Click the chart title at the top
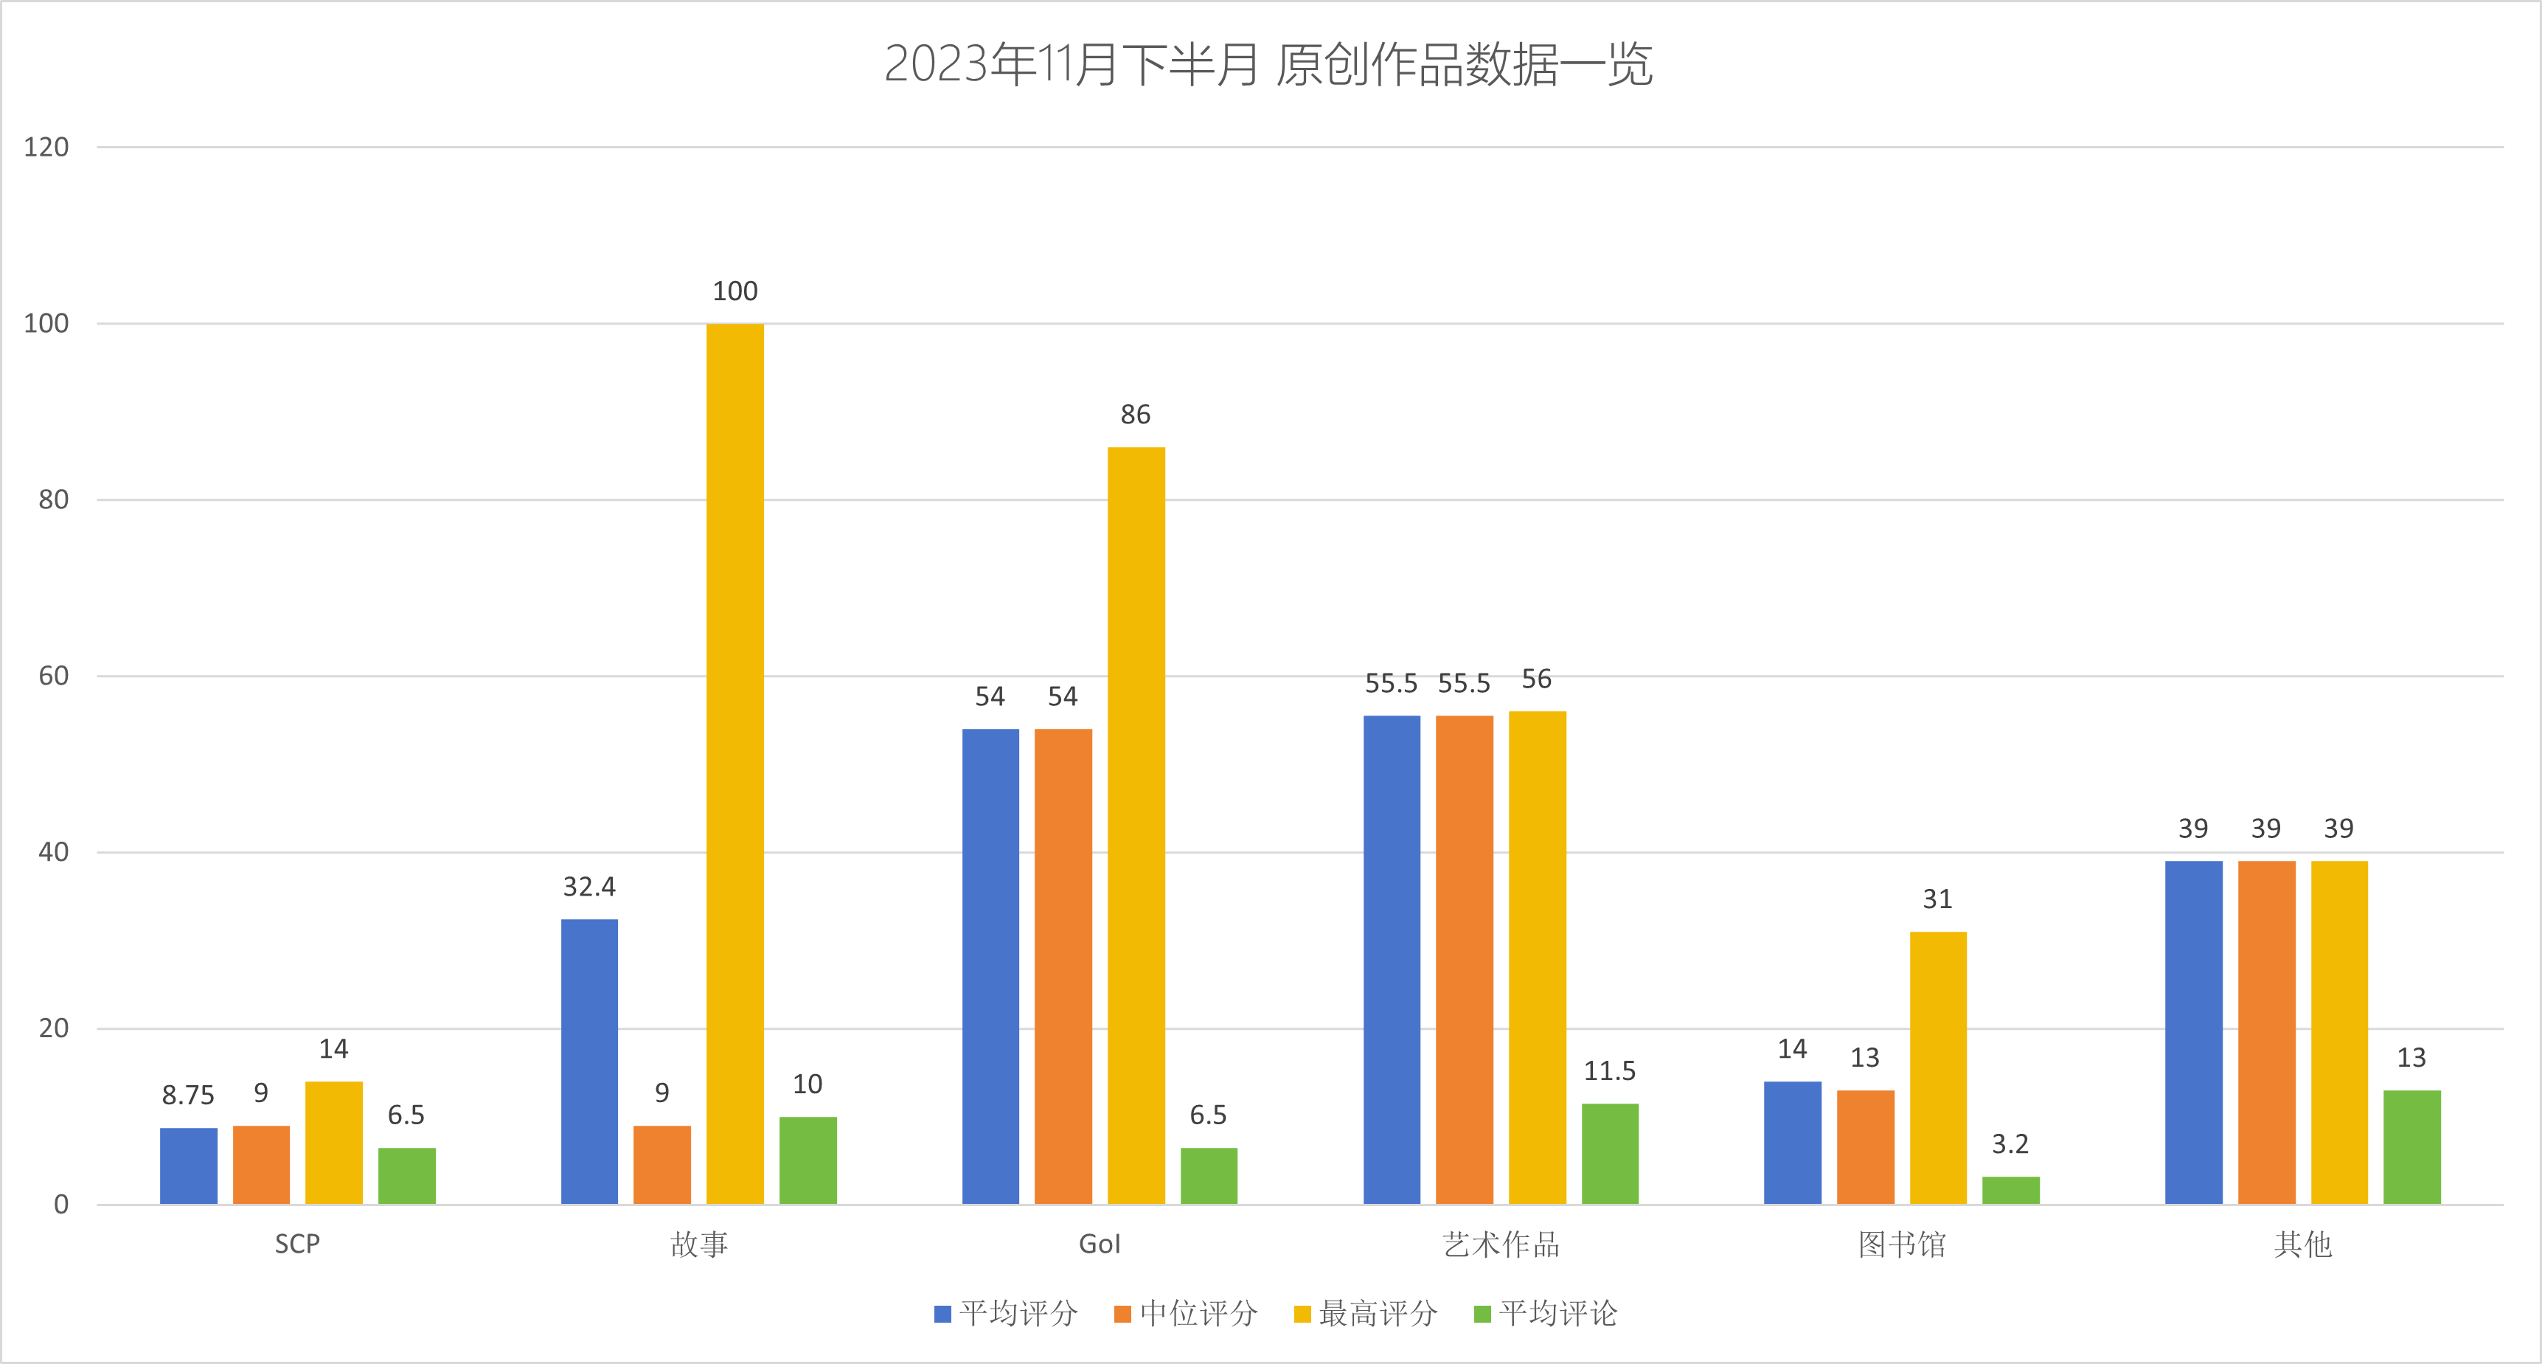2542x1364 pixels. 1268,65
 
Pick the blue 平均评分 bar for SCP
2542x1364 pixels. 189,1166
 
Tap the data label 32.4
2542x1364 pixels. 589,886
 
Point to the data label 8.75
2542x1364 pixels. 187,1095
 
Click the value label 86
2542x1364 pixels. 1135,415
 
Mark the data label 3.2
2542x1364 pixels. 2010,1144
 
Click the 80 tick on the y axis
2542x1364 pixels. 53,499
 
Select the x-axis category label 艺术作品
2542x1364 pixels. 1501,1244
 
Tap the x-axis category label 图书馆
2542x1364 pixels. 1902,1244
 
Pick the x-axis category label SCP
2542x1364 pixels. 297,1244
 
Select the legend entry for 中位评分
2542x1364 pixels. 1186,1314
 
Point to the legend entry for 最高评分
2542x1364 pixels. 1366,1314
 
